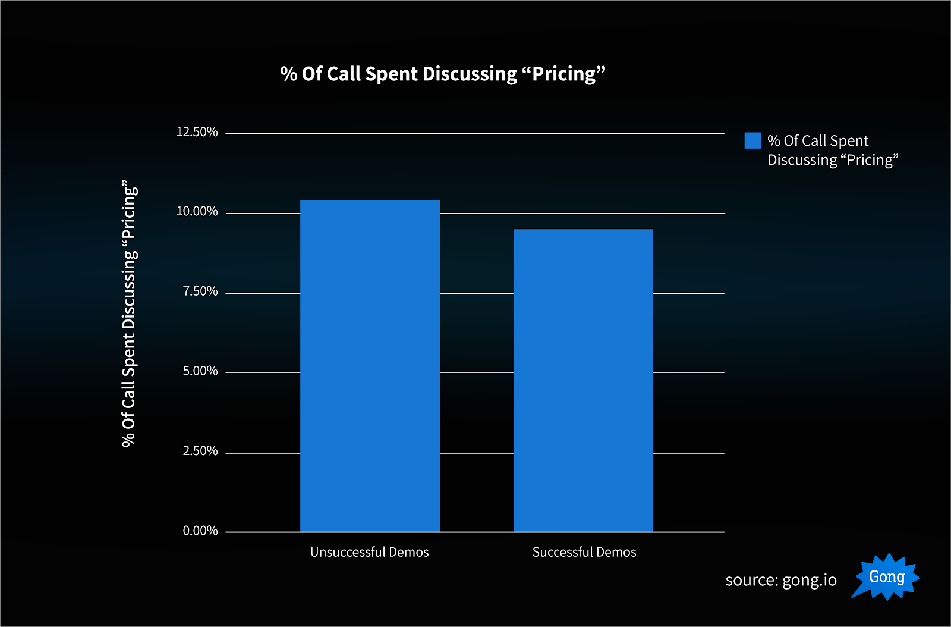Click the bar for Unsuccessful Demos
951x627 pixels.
370,366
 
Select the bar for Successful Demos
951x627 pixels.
583,381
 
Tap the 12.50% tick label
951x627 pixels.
197,132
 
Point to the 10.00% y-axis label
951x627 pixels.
197,212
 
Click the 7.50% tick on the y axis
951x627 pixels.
200,291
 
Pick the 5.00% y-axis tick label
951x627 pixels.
200,371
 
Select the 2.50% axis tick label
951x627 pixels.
200,451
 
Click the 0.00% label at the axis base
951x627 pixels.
200,531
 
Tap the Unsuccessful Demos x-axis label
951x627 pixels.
369,552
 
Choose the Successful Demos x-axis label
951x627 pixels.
584,552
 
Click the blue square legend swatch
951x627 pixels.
752,140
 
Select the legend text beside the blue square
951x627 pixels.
832,151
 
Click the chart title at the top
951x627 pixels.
443,74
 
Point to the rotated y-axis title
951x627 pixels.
130,313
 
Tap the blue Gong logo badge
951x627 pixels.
886,576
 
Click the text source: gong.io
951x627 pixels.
781,580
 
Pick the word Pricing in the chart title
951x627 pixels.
563,74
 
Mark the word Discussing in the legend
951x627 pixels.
802,160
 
